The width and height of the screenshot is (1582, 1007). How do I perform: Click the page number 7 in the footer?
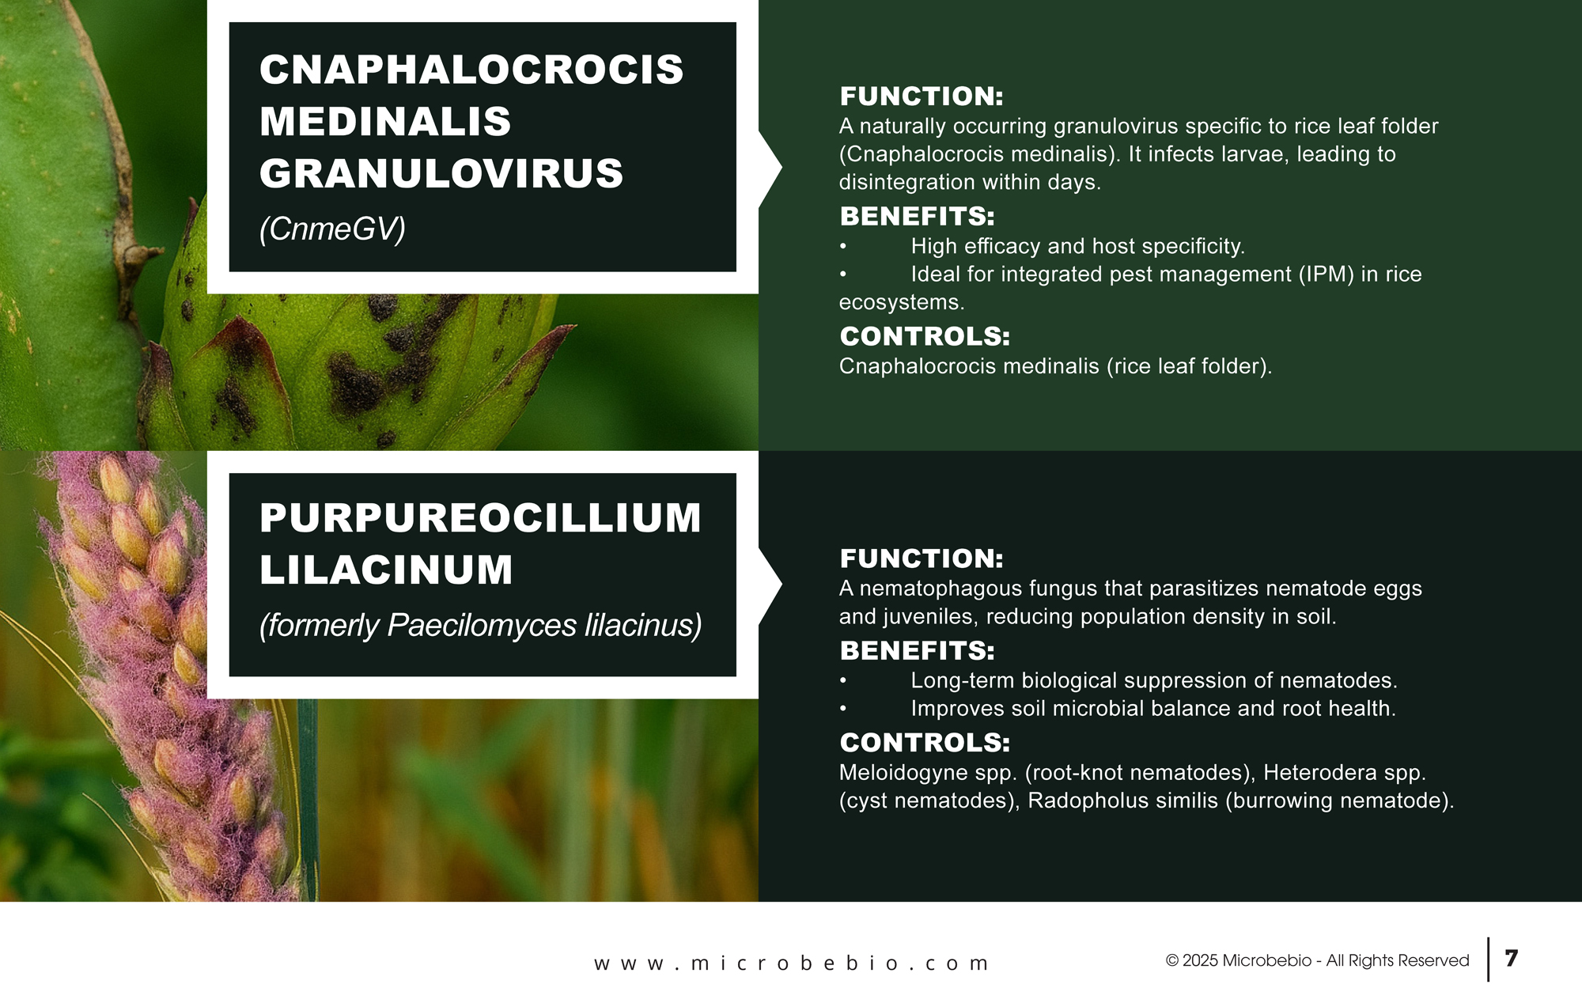click(1512, 959)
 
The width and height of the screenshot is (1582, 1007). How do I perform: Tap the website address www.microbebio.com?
click(791, 963)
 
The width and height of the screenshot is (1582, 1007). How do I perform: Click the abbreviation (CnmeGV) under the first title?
click(332, 229)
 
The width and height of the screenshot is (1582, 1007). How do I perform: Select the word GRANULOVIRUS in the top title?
click(441, 173)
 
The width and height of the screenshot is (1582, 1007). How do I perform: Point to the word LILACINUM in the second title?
click(386, 570)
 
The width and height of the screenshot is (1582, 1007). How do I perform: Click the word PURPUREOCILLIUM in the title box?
click(481, 518)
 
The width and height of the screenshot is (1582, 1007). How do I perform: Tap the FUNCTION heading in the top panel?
click(922, 97)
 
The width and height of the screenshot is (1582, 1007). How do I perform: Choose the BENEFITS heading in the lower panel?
click(918, 650)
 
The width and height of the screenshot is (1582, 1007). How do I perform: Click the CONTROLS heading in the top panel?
click(925, 336)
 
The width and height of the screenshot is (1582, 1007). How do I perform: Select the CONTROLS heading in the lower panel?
click(925, 743)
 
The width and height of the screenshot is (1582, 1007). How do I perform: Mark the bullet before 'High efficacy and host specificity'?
click(844, 247)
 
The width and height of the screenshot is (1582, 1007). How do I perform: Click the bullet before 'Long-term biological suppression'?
click(844, 681)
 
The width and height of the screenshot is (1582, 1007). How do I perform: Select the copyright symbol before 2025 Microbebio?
click(1172, 961)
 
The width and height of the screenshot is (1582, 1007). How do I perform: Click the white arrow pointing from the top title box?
click(770, 168)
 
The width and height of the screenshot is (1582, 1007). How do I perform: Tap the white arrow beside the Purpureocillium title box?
click(770, 585)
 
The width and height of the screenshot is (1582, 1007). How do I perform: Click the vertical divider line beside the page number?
click(1489, 960)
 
